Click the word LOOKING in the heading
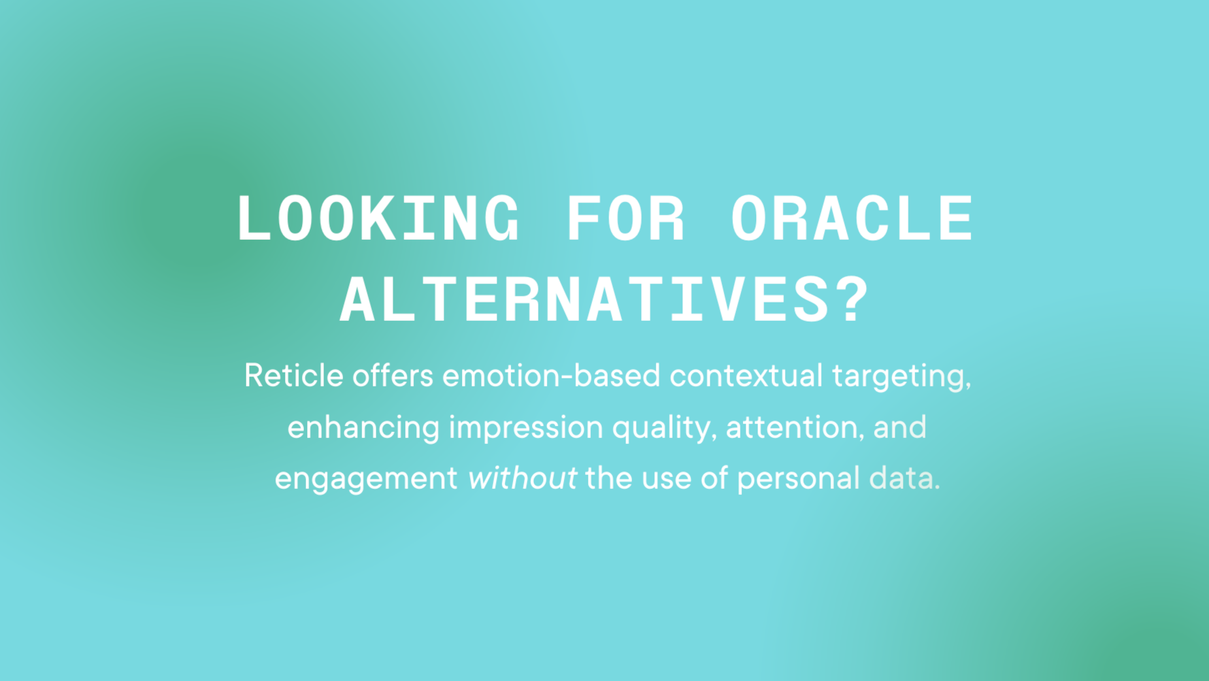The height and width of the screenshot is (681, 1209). [x=378, y=219]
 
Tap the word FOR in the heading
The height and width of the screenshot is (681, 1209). [x=625, y=219]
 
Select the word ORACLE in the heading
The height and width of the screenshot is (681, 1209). [x=852, y=219]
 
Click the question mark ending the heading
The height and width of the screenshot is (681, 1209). [x=853, y=300]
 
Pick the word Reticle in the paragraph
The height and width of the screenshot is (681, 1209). [x=293, y=376]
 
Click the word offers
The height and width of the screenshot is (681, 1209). [x=393, y=376]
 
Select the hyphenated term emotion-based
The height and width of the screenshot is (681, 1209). [x=551, y=376]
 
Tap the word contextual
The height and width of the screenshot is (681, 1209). [x=746, y=376]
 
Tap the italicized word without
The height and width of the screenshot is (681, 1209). [x=522, y=478]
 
